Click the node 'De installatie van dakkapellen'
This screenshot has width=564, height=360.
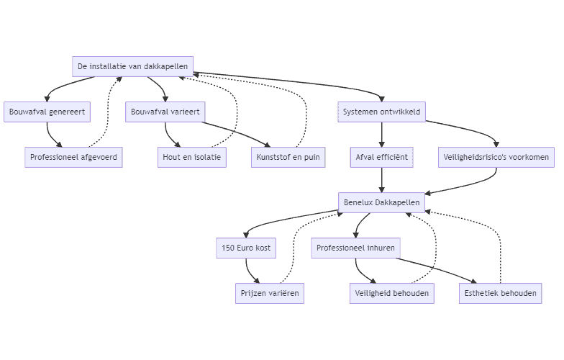coord(133,67)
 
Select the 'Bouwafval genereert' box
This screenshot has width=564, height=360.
coord(47,112)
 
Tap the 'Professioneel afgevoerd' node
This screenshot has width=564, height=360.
coord(74,157)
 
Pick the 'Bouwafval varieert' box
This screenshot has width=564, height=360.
coord(165,112)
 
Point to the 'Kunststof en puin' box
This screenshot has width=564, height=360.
coord(288,157)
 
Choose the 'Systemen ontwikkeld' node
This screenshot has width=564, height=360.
coord(381,112)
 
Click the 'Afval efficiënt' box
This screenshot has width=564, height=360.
coord(381,157)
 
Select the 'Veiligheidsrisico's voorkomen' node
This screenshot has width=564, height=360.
coord(496,157)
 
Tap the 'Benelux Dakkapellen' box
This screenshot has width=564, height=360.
coord(381,202)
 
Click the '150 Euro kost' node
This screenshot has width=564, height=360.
coord(246,248)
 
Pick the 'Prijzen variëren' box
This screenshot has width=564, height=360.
coord(269,293)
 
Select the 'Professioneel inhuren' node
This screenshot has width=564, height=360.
coord(355,248)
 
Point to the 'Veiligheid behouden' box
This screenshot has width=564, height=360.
coord(392,293)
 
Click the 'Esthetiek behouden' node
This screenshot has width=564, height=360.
coord(500,293)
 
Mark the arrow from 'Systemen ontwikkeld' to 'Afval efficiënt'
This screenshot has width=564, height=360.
coord(381,135)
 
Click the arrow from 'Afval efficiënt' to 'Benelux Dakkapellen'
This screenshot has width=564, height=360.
coord(381,180)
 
